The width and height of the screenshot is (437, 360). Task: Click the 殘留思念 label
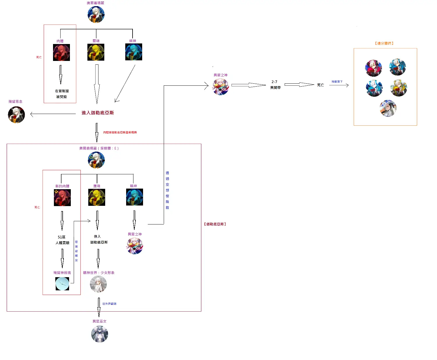(x=15, y=101)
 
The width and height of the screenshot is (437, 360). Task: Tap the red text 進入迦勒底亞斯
(x=98, y=113)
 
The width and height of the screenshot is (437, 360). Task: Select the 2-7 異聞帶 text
(x=275, y=85)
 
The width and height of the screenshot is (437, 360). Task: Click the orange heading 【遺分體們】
(x=384, y=43)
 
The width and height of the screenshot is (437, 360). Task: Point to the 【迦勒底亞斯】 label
(x=215, y=224)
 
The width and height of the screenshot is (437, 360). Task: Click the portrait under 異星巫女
(x=99, y=334)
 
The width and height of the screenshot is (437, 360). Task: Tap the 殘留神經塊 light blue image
(x=62, y=284)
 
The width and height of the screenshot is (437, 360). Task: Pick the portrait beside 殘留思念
(x=16, y=115)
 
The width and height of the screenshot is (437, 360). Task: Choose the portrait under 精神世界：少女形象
(x=98, y=284)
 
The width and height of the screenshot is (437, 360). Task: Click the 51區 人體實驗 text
(x=62, y=240)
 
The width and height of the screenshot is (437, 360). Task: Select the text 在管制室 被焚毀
(x=62, y=94)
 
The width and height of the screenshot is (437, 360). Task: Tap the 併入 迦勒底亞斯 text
(x=99, y=239)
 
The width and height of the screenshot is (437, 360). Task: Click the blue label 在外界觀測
(x=109, y=304)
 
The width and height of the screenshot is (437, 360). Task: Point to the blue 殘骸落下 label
(x=337, y=82)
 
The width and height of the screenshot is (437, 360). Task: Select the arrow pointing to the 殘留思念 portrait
(x=52, y=114)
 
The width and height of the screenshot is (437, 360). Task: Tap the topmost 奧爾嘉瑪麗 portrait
(x=96, y=15)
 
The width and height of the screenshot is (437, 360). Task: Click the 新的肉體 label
(x=62, y=186)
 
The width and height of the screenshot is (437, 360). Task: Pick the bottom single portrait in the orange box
(x=388, y=108)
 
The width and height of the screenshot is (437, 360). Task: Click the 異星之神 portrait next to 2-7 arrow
(x=221, y=87)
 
